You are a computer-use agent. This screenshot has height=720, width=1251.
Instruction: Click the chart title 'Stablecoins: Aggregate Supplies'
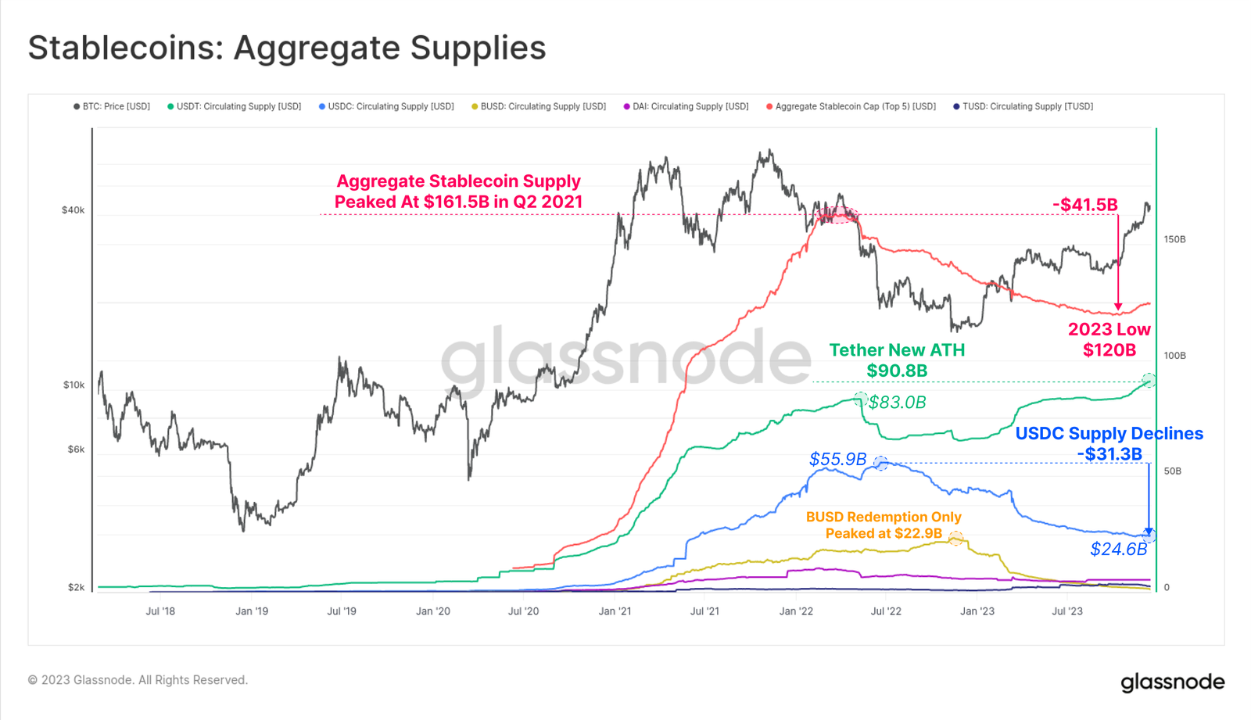point(287,48)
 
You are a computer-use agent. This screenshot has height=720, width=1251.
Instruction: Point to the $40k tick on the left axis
point(73,210)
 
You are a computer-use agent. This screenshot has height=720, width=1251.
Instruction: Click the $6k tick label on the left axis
point(76,450)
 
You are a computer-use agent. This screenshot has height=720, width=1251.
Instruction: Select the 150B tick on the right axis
point(1174,239)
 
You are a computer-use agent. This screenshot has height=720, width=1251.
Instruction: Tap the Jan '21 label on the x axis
point(615,611)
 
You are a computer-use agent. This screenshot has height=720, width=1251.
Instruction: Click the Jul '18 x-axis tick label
point(160,611)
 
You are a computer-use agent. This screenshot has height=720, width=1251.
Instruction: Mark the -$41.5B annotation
point(1085,205)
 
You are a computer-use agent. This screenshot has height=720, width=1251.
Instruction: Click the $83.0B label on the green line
point(898,403)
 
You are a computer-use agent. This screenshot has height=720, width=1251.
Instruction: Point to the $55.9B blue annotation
point(837,459)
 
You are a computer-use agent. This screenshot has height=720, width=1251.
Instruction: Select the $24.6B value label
point(1118,550)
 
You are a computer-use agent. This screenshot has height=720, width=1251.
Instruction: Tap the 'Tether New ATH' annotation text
point(897,350)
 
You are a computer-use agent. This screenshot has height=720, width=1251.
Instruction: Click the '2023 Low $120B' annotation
point(1109,340)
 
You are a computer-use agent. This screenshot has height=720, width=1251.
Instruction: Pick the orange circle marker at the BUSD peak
point(955,538)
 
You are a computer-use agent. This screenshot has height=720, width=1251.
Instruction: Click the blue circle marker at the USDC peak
point(880,463)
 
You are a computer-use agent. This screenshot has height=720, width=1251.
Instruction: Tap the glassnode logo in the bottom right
point(1172,682)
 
